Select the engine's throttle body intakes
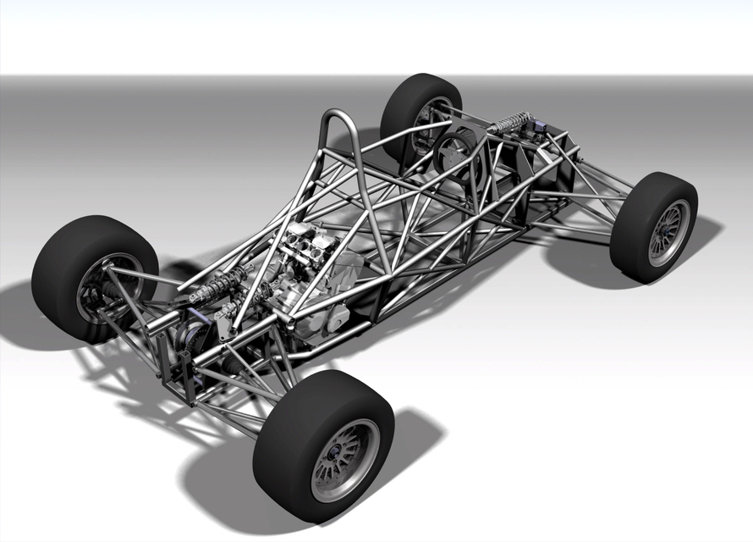309,241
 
